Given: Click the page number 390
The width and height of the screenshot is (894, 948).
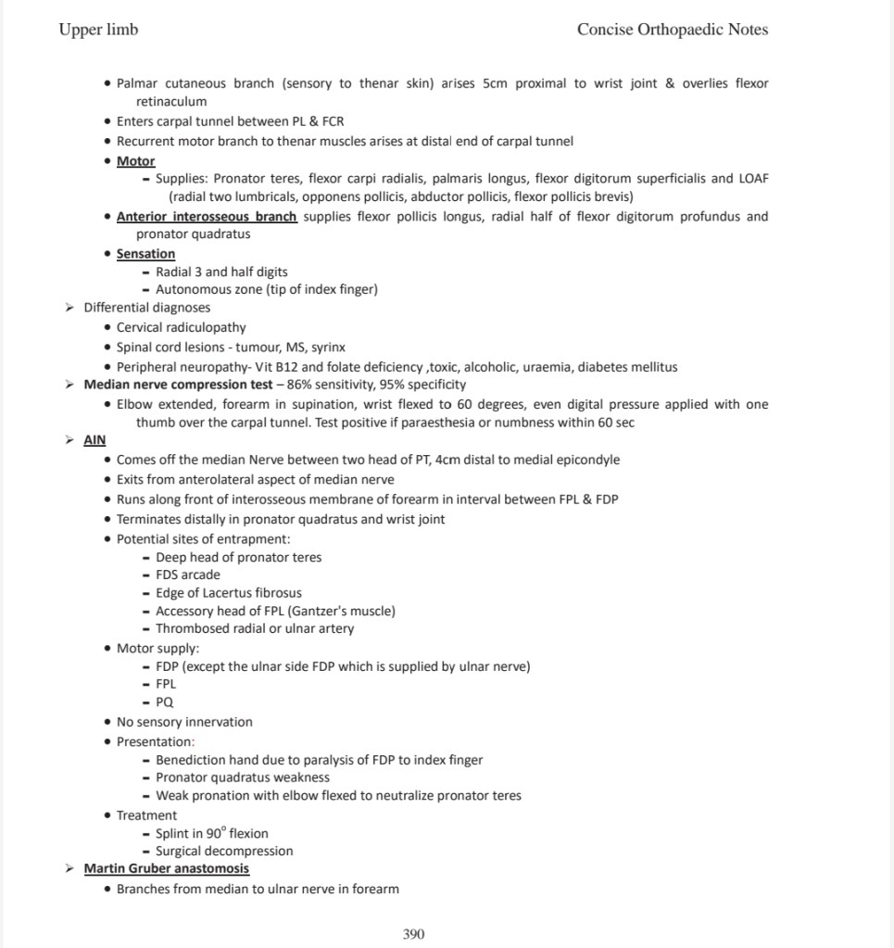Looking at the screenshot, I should [x=414, y=934].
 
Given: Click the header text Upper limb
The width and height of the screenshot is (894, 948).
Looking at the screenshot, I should [x=98, y=30].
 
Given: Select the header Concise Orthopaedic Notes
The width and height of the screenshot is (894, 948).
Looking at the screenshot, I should [x=672, y=30].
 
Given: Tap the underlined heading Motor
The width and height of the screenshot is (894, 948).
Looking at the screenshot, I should [x=135, y=161].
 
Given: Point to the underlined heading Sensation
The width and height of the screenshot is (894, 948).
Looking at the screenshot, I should [x=145, y=254].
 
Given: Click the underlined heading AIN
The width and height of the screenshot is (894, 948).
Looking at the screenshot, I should [x=94, y=440].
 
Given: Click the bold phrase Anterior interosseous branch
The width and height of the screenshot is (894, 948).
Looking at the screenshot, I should [x=207, y=217].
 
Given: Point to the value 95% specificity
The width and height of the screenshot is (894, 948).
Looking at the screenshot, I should [x=429, y=385].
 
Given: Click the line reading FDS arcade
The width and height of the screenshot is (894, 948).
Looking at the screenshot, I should [x=188, y=575].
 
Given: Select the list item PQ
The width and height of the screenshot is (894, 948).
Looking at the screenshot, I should [x=164, y=702].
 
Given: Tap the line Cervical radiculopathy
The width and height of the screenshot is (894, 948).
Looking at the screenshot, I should [x=182, y=328].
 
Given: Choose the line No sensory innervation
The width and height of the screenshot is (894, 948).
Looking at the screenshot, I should [x=184, y=723].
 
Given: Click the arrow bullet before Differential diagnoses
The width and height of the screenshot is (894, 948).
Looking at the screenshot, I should [x=70, y=309].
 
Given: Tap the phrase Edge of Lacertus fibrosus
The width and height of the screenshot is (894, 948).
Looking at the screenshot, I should [x=228, y=593].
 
